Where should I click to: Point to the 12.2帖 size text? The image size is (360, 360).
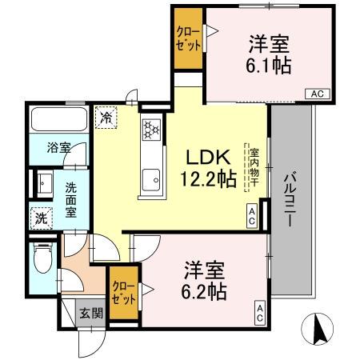tap(210, 180)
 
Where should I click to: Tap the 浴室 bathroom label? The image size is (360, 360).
tap(58, 148)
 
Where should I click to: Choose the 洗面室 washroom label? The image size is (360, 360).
tap(70, 201)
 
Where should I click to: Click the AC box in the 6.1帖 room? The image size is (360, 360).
tap(316, 94)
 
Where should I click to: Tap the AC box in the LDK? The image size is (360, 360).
tap(251, 215)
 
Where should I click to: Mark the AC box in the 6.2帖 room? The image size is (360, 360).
tap(260, 311)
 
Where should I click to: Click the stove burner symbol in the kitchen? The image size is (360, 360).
tap(151, 129)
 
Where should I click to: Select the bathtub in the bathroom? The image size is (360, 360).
tap(58, 121)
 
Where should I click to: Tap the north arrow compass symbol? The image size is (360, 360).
tap(319, 330)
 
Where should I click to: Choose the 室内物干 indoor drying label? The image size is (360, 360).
tap(253, 169)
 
